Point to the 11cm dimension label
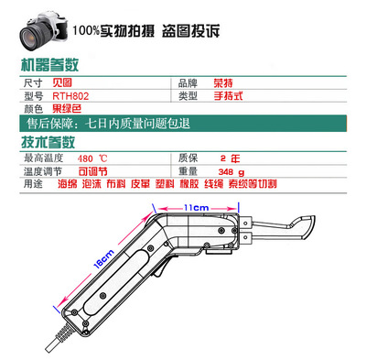(195, 210)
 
